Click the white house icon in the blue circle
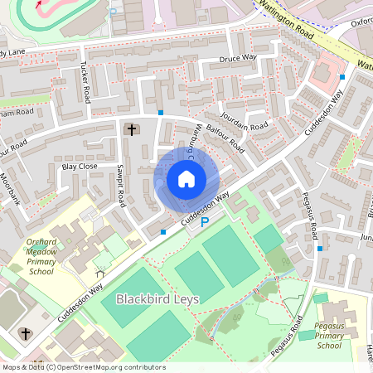[186, 178]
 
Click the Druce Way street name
[239, 59]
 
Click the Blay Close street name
[80, 166]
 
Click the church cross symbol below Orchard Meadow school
[26, 334]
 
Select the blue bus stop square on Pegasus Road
[319, 247]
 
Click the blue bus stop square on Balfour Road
[161, 112]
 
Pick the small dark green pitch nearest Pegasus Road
[268, 238]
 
